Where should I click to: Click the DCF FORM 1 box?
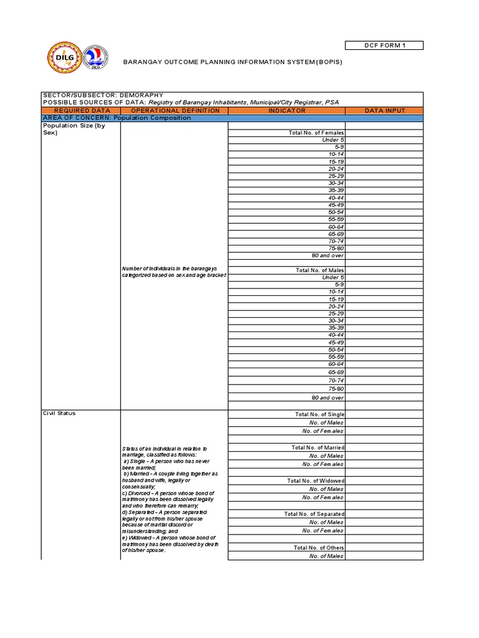coord(384,45)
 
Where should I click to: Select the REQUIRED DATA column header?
coord(82,110)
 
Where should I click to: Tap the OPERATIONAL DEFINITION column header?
coord(175,110)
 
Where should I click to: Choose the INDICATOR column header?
coord(287,110)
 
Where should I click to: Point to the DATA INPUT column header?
coord(384,110)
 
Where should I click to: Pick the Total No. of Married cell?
coord(317,447)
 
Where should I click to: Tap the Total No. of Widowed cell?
coord(316,481)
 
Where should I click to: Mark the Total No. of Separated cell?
coord(314,514)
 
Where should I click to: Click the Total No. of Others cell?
coord(319,548)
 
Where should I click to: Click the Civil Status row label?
coord(59,413)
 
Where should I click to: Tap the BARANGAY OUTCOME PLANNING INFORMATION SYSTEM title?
coord(233,62)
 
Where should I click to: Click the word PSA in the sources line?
coord(334,103)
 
